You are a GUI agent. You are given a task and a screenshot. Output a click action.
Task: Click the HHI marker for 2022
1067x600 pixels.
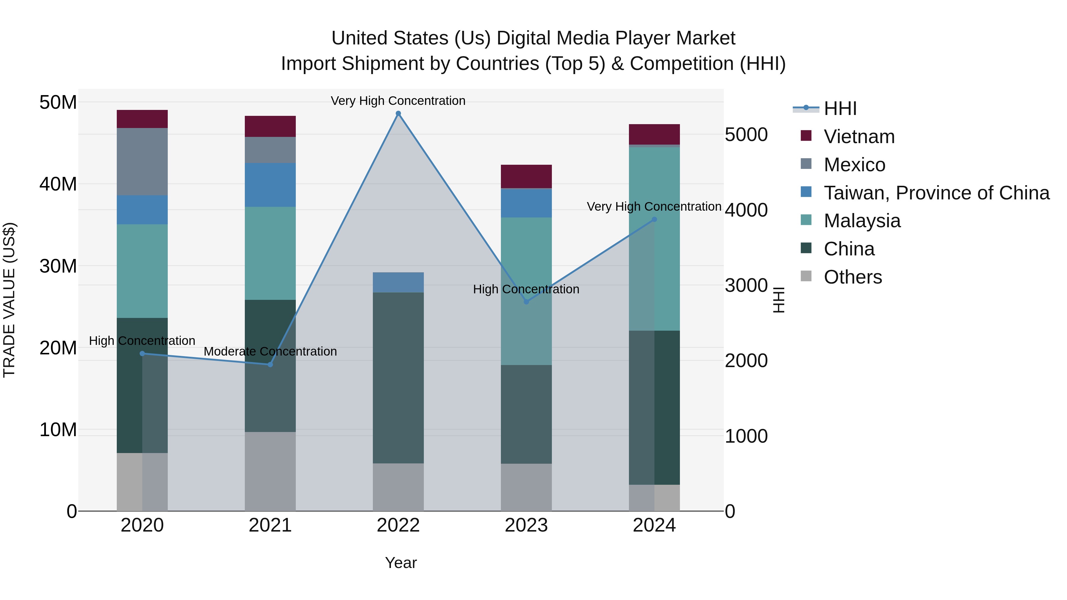pyautogui.click(x=398, y=113)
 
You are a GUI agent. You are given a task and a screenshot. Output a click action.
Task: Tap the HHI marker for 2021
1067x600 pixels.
pyautogui.click(x=270, y=364)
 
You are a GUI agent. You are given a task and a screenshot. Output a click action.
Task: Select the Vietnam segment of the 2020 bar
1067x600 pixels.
pyautogui.click(x=142, y=119)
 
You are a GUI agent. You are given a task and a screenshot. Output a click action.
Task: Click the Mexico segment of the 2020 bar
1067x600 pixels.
pyautogui.click(x=142, y=161)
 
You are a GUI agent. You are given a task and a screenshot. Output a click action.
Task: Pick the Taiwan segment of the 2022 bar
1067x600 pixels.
pyautogui.click(x=398, y=282)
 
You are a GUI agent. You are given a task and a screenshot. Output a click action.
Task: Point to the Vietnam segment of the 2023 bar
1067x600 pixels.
pyautogui.click(x=526, y=176)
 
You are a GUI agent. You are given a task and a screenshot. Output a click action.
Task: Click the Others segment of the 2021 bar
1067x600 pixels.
pyautogui.click(x=270, y=471)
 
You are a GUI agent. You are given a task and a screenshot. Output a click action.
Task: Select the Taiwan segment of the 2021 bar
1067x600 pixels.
pyautogui.click(x=270, y=185)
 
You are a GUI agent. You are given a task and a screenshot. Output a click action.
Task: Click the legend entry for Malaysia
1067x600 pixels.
pyautogui.click(x=862, y=221)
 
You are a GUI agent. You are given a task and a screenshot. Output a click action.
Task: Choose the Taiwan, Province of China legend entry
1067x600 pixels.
pyautogui.click(x=936, y=193)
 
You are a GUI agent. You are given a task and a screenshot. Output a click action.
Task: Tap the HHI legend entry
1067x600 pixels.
pyautogui.click(x=840, y=108)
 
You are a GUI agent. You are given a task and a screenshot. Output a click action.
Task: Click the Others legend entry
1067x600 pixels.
pyautogui.click(x=852, y=277)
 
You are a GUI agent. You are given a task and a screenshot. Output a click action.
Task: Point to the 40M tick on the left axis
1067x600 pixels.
pyautogui.click(x=58, y=184)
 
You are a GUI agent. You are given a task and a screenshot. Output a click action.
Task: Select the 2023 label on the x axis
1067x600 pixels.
pyautogui.click(x=526, y=525)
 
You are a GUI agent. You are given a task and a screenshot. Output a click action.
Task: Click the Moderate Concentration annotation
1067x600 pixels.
pyautogui.click(x=270, y=351)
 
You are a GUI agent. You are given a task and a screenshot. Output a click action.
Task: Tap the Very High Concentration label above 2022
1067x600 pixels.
pyautogui.click(x=398, y=101)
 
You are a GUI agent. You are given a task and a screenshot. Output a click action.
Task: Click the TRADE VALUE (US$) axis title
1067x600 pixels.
pyautogui.click(x=9, y=300)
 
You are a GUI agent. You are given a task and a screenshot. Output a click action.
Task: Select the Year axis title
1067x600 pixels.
pyautogui.click(x=400, y=563)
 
